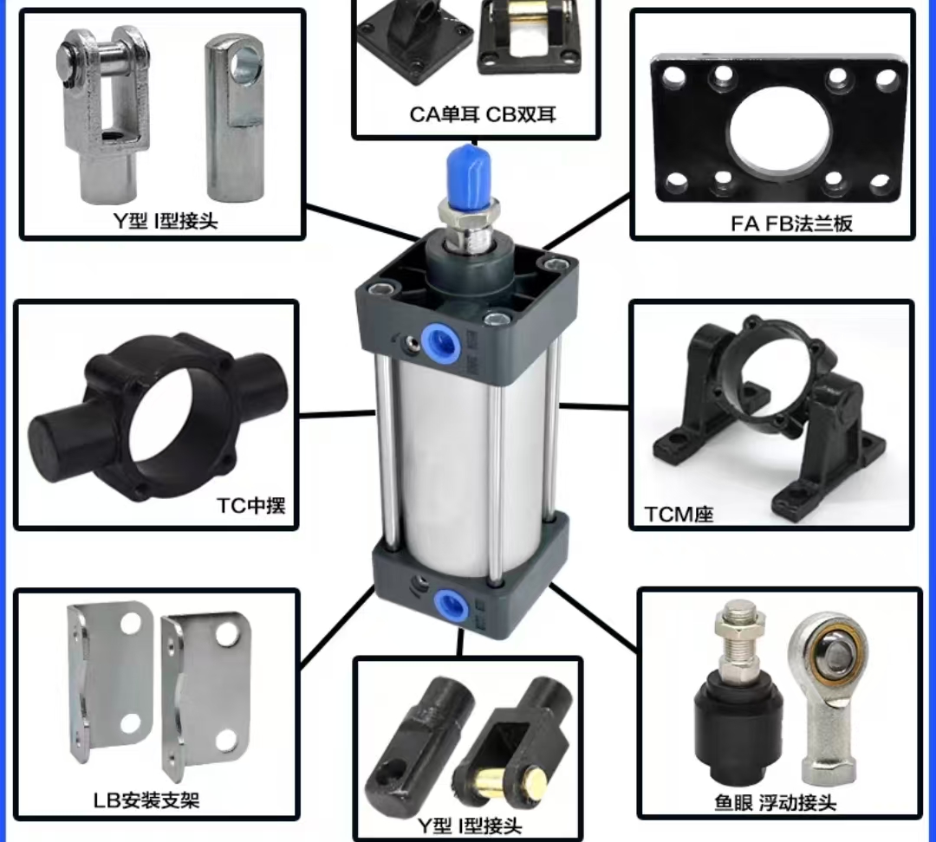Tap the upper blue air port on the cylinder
click(x=441, y=341)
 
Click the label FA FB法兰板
click(x=791, y=223)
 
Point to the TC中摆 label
click(x=250, y=505)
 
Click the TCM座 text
click(x=679, y=515)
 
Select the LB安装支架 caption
click(x=146, y=800)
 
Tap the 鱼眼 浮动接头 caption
click(x=776, y=803)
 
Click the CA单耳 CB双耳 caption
click(x=483, y=114)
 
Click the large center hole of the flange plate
click(x=780, y=132)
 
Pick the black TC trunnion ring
click(x=159, y=418)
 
